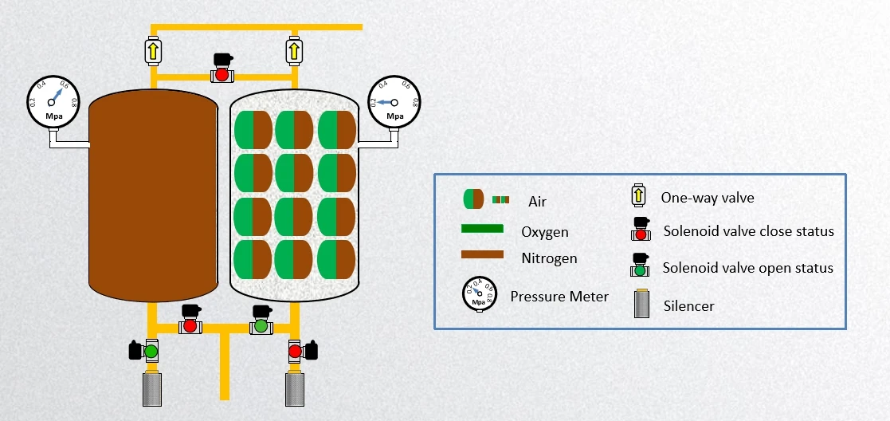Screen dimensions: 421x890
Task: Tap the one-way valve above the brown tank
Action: pos(153,51)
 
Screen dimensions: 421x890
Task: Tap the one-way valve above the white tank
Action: pos(293,51)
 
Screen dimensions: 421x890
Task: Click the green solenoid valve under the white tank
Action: pos(261,321)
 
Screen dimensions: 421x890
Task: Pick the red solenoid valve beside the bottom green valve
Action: pos(190,321)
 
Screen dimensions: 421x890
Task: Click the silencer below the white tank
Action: pos(296,388)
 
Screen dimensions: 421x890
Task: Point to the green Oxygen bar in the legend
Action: pos(483,229)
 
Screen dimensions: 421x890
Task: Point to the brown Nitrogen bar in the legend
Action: pos(483,255)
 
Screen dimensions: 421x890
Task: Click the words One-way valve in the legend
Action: pos(708,198)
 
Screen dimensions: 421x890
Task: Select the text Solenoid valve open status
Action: pos(748,268)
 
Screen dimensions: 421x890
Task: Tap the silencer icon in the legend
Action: pos(640,304)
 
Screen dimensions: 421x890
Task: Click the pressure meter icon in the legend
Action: pos(479,297)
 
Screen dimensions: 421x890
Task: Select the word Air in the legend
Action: pos(538,202)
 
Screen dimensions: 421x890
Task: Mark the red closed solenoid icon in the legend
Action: pos(640,230)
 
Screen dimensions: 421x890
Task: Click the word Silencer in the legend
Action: pos(688,305)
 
